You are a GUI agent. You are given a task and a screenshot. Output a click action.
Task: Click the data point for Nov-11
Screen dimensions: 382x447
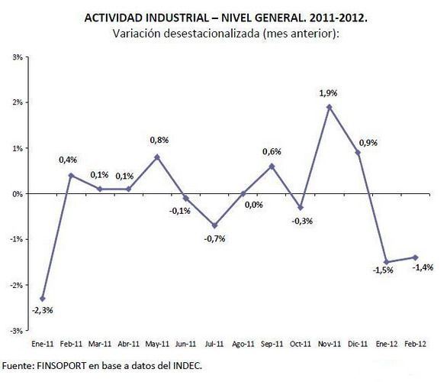(329, 107)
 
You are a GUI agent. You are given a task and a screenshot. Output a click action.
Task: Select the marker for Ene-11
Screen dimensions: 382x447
(41, 299)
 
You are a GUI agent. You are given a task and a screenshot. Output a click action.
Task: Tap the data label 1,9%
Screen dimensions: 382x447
(327, 92)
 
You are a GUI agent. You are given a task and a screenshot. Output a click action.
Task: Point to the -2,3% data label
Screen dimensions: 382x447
(42, 310)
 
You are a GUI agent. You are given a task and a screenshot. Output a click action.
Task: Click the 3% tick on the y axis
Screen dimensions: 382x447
(16, 57)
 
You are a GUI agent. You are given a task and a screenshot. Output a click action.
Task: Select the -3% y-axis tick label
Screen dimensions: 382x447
(15, 331)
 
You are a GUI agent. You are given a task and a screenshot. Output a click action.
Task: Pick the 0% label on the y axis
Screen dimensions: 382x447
(16, 193)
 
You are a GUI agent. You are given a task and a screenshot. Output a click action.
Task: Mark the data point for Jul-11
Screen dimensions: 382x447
(214, 225)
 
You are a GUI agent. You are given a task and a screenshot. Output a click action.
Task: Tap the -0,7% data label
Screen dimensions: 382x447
(214, 238)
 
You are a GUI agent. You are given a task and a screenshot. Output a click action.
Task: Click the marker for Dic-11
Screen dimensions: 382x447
(358, 153)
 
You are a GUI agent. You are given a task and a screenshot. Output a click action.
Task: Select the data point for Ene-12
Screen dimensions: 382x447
(387, 262)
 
